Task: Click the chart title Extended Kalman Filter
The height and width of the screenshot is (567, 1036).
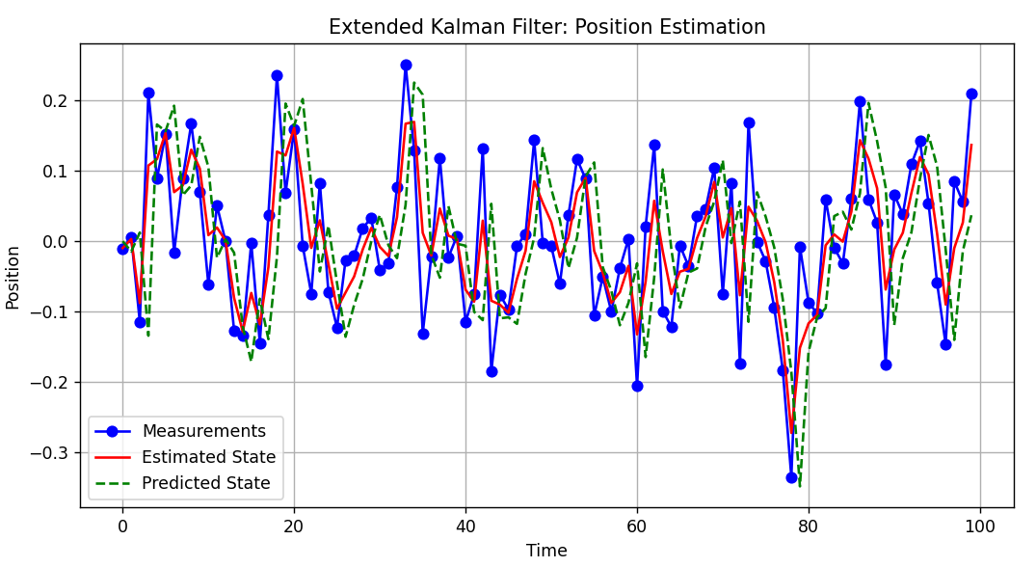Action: click(546, 27)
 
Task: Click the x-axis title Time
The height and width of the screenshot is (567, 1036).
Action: click(546, 551)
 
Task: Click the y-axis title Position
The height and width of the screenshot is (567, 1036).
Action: click(13, 277)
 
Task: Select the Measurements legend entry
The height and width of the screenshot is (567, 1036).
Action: click(203, 431)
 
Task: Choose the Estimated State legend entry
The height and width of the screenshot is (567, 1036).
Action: click(208, 457)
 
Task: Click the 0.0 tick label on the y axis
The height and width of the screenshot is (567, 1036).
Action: click(56, 241)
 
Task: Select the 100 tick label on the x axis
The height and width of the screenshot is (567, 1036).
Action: click(980, 526)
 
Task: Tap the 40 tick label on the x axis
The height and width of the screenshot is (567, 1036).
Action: click(465, 526)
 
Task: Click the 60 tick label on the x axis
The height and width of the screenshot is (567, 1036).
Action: click(637, 526)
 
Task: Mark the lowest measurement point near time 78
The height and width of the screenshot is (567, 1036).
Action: click(791, 477)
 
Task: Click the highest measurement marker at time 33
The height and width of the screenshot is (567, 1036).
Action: click(406, 66)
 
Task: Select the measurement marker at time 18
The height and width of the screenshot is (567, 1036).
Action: click(277, 75)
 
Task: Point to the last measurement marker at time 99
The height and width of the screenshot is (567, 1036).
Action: click(971, 94)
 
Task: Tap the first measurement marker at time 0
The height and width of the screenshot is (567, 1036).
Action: click(122, 249)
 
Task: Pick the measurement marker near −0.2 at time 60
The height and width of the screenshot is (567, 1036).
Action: click(637, 386)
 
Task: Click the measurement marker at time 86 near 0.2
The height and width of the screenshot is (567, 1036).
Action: click(860, 101)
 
